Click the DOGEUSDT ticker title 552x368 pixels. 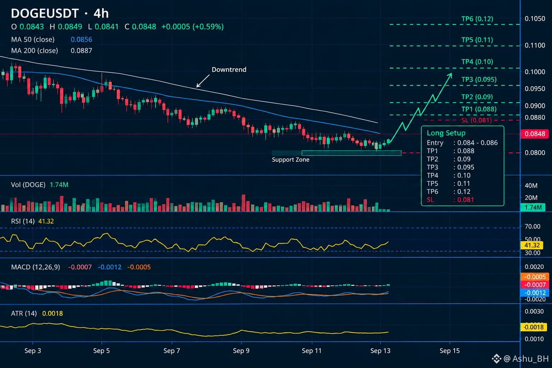(x=45, y=13)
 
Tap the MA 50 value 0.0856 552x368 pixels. (x=81, y=40)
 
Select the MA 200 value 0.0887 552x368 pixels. (x=81, y=51)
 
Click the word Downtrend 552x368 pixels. (x=229, y=69)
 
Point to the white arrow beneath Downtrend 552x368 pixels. (x=203, y=81)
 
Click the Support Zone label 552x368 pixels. (x=290, y=160)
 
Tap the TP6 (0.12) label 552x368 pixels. (x=477, y=19)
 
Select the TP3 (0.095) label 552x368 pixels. (x=479, y=79)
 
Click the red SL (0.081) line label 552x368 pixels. (x=476, y=120)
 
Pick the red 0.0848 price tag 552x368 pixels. (x=534, y=134)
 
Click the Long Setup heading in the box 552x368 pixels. (x=446, y=133)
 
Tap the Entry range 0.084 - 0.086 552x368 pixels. (x=477, y=143)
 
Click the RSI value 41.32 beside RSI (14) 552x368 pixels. (x=46, y=221)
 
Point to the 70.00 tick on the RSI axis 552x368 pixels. (x=532, y=226)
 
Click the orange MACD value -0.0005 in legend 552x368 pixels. (x=139, y=267)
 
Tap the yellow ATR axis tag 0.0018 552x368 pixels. (x=534, y=327)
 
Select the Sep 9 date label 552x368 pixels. (x=241, y=350)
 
